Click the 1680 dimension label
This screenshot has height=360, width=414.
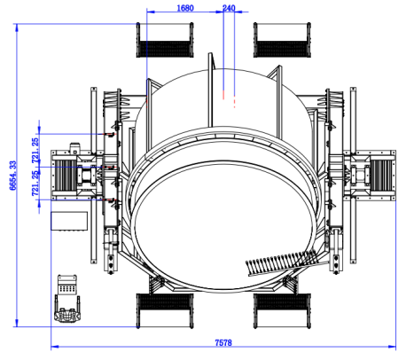pyautogui.click(x=185, y=8)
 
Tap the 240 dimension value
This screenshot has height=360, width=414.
pyautogui.click(x=229, y=8)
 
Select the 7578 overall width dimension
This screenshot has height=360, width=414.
pyautogui.click(x=223, y=342)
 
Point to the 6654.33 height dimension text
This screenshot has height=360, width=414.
pyautogui.click(x=13, y=176)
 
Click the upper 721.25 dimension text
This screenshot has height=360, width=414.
pyautogui.click(x=35, y=151)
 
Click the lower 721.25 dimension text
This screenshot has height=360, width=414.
pyautogui.click(x=35, y=184)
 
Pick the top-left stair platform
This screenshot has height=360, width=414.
pyautogui.click(x=165, y=40)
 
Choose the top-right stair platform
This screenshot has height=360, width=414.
pyautogui.click(x=282, y=40)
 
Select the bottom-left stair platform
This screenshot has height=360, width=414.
pyautogui.click(x=165, y=310)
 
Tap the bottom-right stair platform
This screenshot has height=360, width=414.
pyautogui.click(x=282, y=310)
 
